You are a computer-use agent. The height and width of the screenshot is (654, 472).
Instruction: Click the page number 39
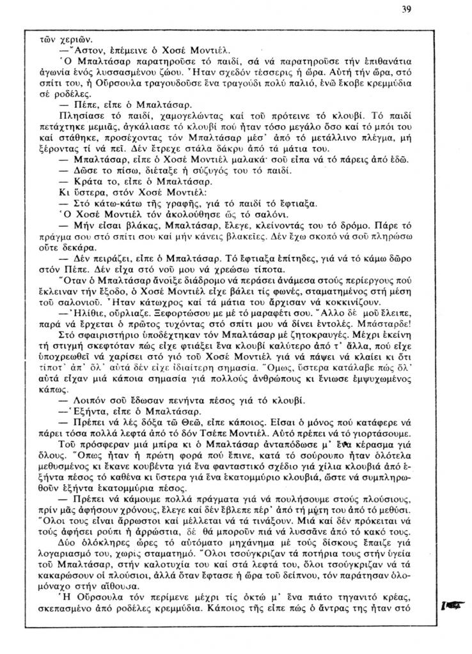coord(407,10)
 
